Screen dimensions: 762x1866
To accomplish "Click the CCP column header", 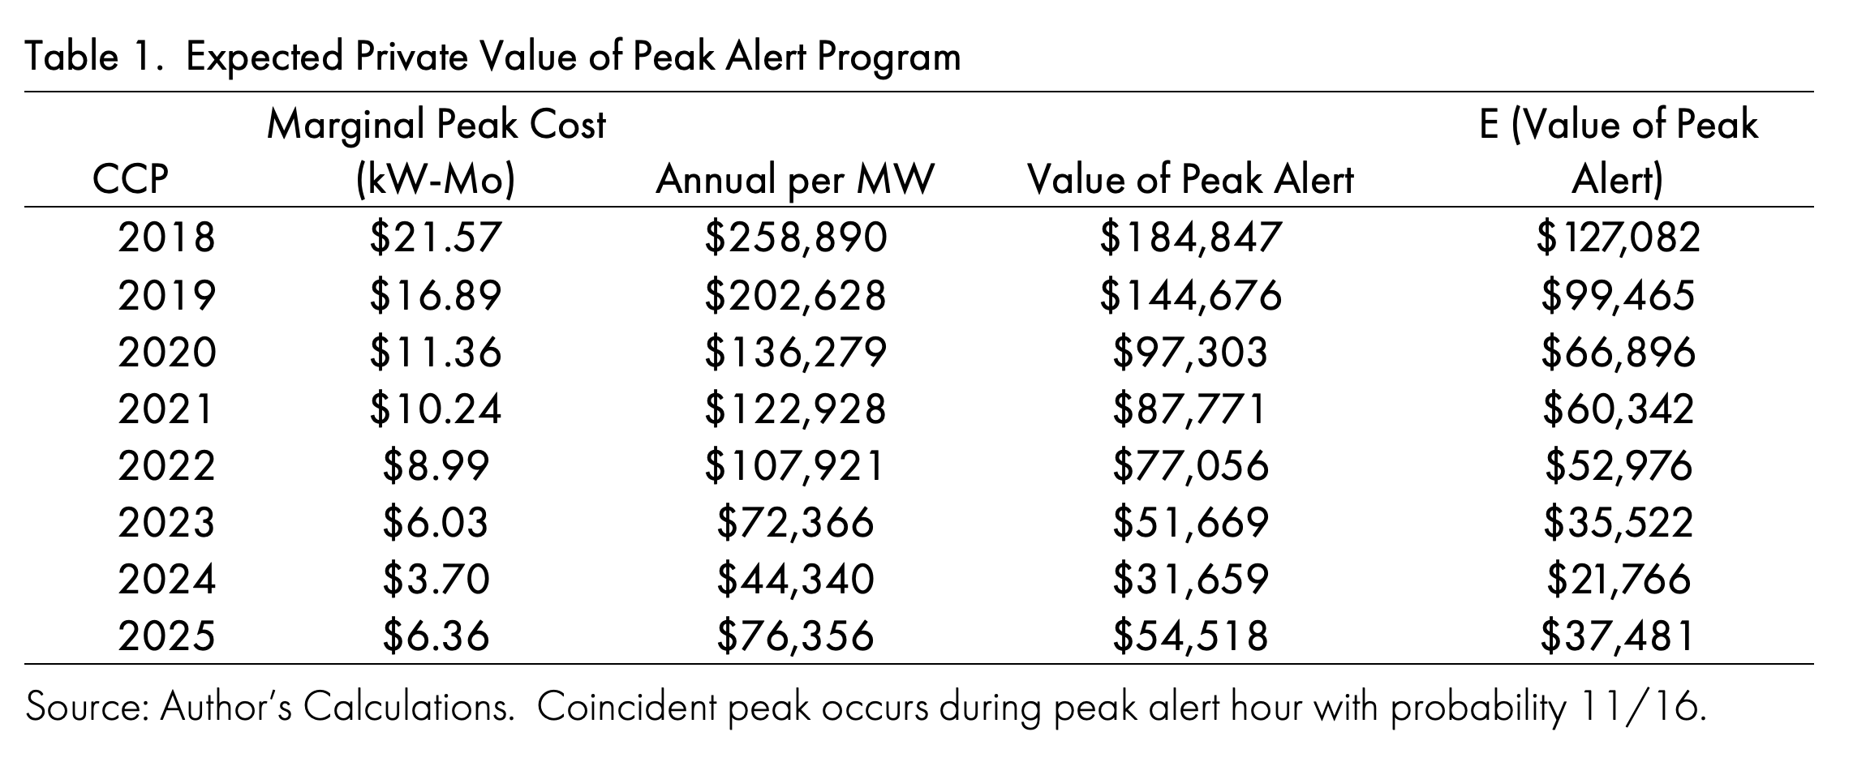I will pos(130,179).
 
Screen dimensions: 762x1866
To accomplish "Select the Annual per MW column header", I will pos(794,179).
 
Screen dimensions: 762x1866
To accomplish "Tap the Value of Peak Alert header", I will pos(1190,179).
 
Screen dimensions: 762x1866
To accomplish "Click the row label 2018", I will pos(166,238).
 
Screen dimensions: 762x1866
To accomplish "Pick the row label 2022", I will pos(166,465).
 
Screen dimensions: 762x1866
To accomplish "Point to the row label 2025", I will pos(166,636).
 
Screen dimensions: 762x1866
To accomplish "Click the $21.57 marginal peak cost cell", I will pos(436,238).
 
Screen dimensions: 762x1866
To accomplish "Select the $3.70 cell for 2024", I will pos(436,580).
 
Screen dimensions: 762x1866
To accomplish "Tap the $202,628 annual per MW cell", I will pos(795,295).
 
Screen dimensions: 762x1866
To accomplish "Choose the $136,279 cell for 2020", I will pos(795,352).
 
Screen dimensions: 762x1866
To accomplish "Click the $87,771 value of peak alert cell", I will pos(1189,409).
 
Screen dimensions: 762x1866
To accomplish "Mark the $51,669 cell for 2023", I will pos(1189,523).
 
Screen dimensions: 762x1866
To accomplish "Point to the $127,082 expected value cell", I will pos(1618,238).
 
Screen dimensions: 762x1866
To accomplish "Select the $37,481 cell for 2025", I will pos(1618,636).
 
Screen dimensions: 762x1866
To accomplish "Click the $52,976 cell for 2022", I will pos(1618,465).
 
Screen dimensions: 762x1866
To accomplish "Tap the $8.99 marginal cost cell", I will pos(436,465).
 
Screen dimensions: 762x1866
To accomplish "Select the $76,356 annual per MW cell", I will pos(795,636).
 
